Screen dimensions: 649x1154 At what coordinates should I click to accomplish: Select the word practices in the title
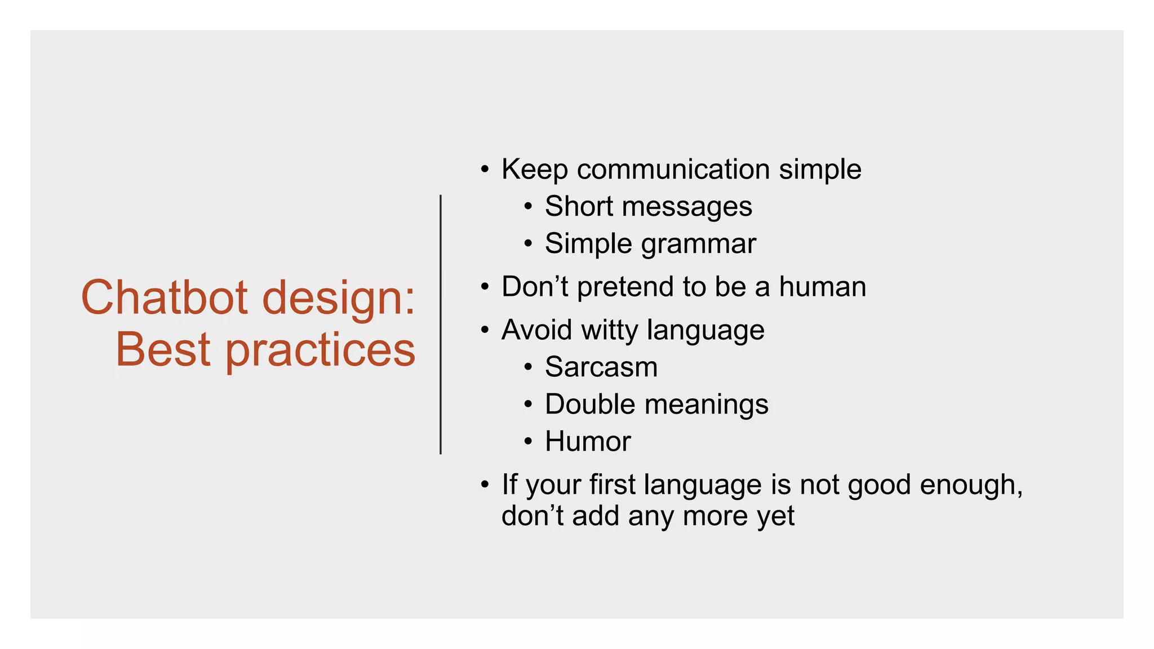pyautogui.click(x=321, y=350)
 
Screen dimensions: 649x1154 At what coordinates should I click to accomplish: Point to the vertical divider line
pyautogui.click(x=441, y=324)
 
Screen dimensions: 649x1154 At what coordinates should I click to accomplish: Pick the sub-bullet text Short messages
pyautogui.click(x=648, y=206)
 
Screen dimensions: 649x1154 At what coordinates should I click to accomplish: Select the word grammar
pyautogui.click(x=698, y=245)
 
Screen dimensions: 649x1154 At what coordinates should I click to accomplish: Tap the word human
pyautogui.click(x=822, y=287)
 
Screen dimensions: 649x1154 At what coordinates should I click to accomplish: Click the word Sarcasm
pyautogui.click(x=601, y=367)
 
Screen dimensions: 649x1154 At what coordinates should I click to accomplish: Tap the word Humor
pyautogui.click(x=588, y=441)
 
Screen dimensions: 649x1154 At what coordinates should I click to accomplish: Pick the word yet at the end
pyautogui.click(x=776, y=516)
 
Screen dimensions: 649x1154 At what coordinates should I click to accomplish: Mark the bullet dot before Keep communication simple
pyautogui.click(x=485, y=169)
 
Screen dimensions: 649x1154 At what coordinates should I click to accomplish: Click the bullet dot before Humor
pyautogui.click(x=528, y=442)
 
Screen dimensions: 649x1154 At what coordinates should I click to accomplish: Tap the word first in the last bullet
pyautogui.click(x=612, y=484)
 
